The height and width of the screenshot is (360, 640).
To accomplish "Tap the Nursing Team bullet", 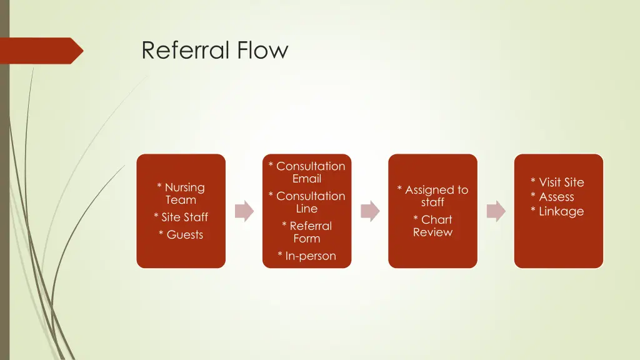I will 181,194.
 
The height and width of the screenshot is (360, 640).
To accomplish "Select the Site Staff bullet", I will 181,217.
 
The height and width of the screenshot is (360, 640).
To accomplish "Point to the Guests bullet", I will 181,235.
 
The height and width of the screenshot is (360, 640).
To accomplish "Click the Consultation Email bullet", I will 307,172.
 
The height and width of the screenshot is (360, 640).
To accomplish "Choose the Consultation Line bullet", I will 307,202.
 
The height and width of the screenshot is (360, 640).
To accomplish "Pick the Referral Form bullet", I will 307,232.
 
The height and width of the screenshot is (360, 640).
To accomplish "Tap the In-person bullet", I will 307,256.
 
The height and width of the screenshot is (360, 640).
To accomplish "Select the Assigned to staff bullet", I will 432,196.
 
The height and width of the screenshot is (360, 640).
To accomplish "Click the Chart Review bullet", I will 432,226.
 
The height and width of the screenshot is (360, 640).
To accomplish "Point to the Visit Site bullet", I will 557,182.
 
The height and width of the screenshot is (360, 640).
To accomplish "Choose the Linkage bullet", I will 557,211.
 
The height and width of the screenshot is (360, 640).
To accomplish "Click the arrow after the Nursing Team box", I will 244,211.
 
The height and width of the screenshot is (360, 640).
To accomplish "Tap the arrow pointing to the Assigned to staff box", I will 370,211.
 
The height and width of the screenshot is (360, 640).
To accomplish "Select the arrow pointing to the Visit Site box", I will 496,211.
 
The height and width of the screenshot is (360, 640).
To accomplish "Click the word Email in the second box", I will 307,179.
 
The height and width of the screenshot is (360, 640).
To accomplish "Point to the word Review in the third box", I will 432,232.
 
